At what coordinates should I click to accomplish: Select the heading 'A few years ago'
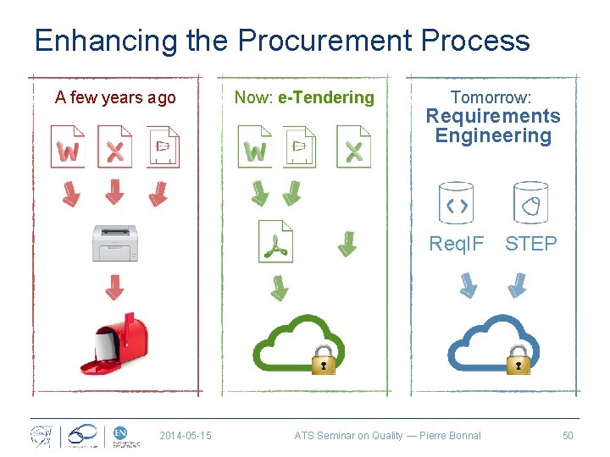tap(115, 97)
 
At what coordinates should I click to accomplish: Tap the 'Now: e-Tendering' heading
tap(304, 97)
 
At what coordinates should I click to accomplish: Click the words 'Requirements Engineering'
tap(492, 126)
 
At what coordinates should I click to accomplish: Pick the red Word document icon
tap(68, 146)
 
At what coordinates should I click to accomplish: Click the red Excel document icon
tap(114, 146)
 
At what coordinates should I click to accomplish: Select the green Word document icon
tap(254, 146)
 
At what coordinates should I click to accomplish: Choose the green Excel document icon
tap(353, 146)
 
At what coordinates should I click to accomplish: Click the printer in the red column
tap(114, 243)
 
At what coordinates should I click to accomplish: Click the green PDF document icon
tap(275, 243)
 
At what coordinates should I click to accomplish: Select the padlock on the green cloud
tap(323, 360)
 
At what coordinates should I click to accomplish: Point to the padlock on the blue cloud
tap(518, 360)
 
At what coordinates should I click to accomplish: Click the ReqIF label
tap(457, 244)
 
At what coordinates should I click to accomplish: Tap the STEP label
tap(531, 244)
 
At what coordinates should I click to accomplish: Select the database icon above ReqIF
tap(456, 203)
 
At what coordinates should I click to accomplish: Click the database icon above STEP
tap(531, 203)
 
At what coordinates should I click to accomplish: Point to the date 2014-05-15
tap(186, 436)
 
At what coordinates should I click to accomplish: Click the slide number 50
tap(568, 436)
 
